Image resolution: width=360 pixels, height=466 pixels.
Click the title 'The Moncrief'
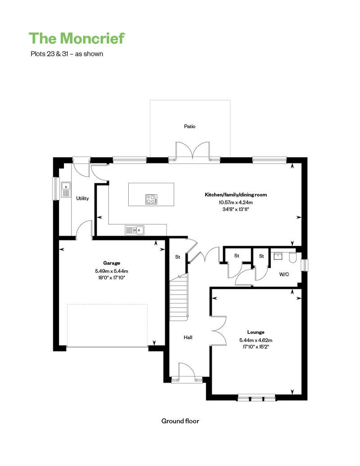(x=76, y=38)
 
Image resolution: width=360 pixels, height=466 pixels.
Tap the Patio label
(x=189, y=126)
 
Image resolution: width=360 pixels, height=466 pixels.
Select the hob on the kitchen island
(x=151, y=199)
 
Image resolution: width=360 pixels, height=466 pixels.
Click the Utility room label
(x=82, y=198)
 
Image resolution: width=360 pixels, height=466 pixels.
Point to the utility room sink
(x=66, y=190)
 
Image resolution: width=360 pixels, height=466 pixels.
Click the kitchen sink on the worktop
(x=135, y=230)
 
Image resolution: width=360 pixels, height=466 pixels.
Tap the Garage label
(x=112, y=263)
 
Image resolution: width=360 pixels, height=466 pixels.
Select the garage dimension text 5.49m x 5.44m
(x=112, y=271)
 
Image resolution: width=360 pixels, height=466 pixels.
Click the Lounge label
(x=256, y=332)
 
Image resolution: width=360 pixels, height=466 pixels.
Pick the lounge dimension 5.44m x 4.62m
(x=256, y=340)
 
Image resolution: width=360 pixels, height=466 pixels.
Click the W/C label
(x=284, y=274)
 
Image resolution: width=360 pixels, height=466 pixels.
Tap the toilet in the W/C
(x=292, y=257)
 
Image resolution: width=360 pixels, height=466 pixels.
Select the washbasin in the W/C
(x=278, y=256)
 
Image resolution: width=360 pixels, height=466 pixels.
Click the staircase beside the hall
(x=179, y=297)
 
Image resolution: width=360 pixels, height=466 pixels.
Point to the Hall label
(x=188, y=337)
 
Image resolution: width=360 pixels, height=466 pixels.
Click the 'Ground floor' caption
(x=180, y=421)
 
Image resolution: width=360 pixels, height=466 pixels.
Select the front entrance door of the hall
(x=187, y=371)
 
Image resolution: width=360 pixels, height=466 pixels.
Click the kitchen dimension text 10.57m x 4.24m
(x=236, y=202)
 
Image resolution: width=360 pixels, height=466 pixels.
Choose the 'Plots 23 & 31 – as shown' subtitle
(x=67, y=54)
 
